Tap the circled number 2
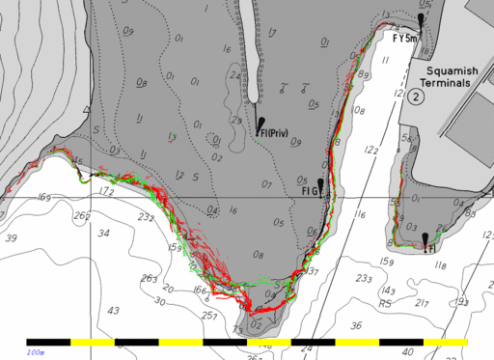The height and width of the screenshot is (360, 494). tap(415, 97)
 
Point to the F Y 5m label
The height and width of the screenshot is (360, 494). tap(405, 39)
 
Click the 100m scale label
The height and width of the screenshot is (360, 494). tap(36, 352)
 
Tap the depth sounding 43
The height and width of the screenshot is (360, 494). tap(113, 310)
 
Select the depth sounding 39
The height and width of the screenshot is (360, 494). tap(12, 237)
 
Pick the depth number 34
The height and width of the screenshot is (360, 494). tap(103, 234)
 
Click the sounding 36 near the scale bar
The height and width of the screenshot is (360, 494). tap(355, 325)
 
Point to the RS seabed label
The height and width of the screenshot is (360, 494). tap(386, 303)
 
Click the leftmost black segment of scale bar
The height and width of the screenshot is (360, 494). tap(48, 342)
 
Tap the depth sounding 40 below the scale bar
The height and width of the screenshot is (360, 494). tap(408, 352)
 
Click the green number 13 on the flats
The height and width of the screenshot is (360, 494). tap(172, 138)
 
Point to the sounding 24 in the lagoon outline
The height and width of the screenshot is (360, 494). tap(234, 75)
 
